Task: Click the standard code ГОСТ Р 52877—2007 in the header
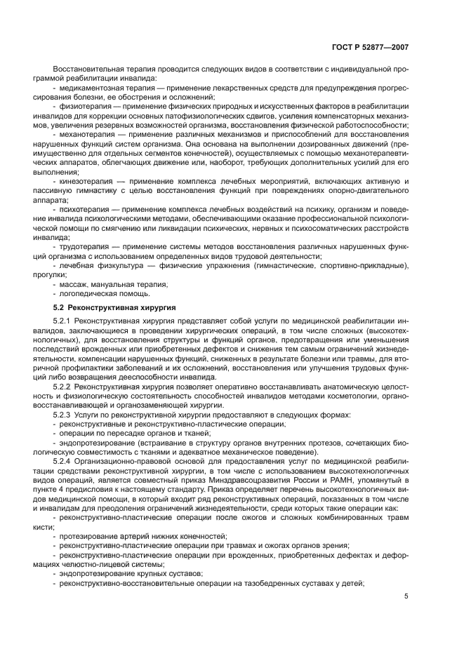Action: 371,47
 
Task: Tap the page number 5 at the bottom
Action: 406,597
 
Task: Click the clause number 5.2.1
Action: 62,321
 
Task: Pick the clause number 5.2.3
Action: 62,415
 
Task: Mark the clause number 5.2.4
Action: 62,460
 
